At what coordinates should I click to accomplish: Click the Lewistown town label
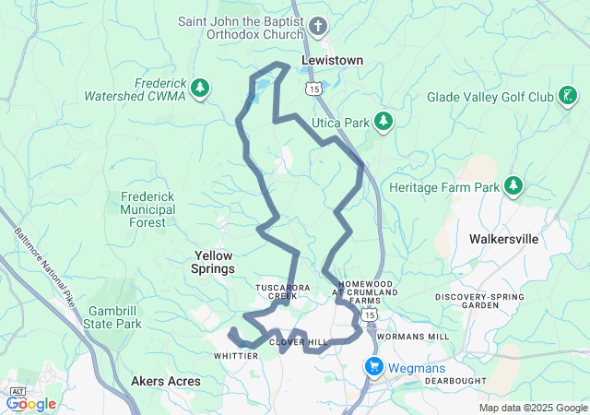coord(332,61)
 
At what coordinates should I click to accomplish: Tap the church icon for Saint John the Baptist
coord(319,25)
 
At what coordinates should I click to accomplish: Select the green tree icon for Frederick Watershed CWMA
coord(200,89)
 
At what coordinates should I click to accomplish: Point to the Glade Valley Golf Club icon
coord(569,96)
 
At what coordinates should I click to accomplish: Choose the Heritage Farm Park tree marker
coord(513,187)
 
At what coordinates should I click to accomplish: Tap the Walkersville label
coord(503,238)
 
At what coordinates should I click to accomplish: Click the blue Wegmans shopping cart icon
coord(374,366)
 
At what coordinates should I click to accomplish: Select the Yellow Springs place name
coord(214,262)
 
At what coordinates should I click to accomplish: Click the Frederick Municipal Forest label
coord(147,209)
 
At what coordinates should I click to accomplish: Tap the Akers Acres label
coord(165,380)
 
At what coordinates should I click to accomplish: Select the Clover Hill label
coord(298,342)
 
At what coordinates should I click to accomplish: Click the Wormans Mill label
coord(414,337)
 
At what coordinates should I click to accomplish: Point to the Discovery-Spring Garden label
coord(479,301)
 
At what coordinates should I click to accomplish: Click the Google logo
coord(32,403)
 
